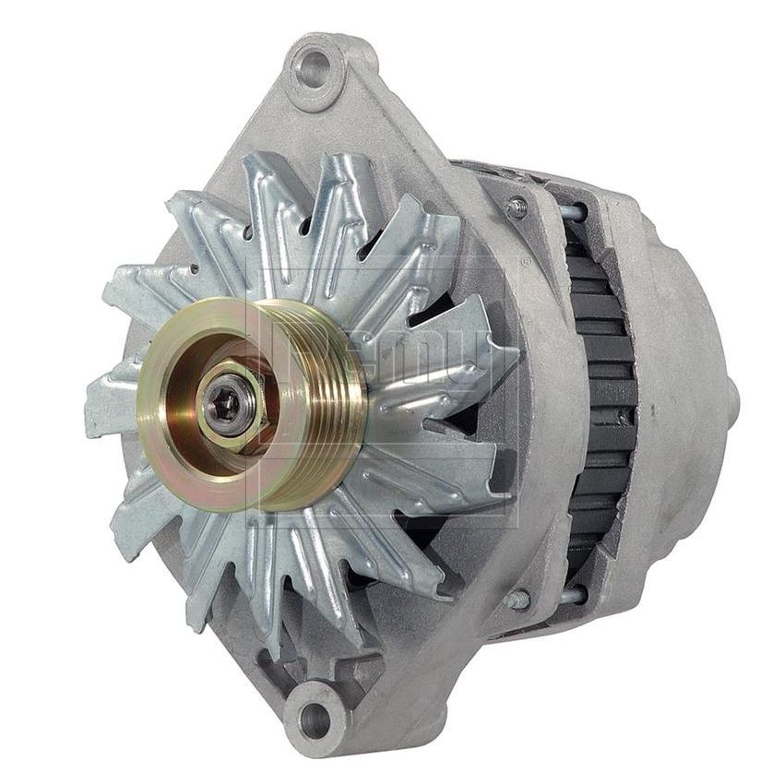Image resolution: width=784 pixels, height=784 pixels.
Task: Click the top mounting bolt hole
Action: pos(314,68)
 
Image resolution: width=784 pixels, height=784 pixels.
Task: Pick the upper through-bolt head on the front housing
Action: pos(517,207)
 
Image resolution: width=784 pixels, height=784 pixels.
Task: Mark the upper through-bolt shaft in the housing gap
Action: pos(572,211)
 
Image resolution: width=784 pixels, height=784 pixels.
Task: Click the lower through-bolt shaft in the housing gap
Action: pos(572,595)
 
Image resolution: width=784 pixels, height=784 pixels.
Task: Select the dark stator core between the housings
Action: pos(600,397)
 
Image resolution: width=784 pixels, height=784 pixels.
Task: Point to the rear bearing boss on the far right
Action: pos(729,397)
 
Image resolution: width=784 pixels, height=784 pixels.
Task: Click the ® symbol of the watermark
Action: pos(523,263)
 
